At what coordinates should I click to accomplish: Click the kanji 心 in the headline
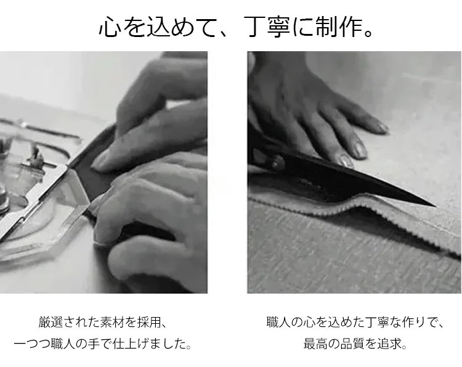[109, 27]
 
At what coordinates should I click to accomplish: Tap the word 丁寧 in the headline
[267, 27]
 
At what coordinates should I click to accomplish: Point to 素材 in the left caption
[112, 322]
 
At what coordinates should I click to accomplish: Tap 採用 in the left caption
[149, 322]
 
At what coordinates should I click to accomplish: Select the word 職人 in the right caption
[278, 322]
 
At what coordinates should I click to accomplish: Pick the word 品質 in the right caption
[353, 344]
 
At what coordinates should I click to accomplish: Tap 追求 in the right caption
[390, 344]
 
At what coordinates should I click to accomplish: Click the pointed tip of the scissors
[435, 205]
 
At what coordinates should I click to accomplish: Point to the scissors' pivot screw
[277, 162]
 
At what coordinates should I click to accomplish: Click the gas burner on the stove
[18, 168]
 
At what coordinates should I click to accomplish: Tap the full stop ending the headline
[368, 33]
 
